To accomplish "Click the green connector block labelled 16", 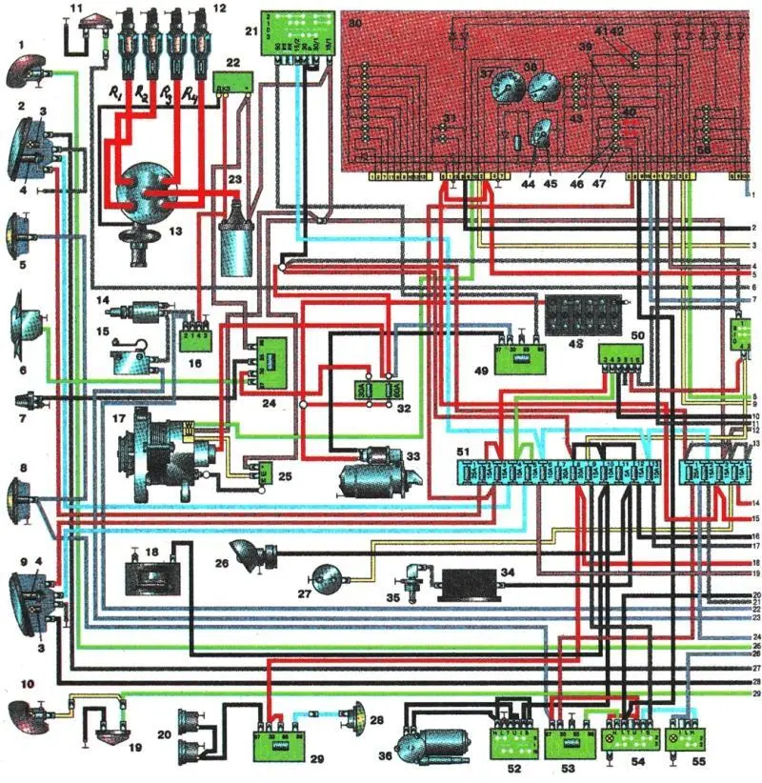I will tap(196, 339).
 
